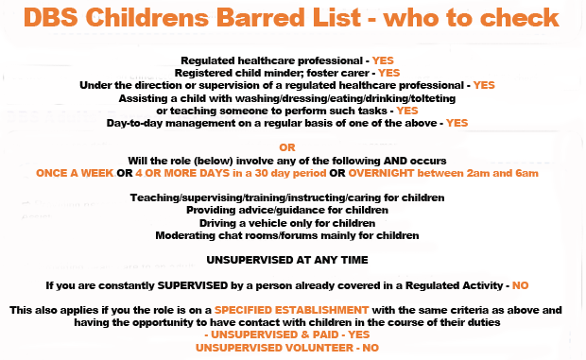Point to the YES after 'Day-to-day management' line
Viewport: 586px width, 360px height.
[x=457, y=122]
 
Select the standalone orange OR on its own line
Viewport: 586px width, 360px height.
[x=289, y=146]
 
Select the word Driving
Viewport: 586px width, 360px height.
[x=221, y=222]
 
